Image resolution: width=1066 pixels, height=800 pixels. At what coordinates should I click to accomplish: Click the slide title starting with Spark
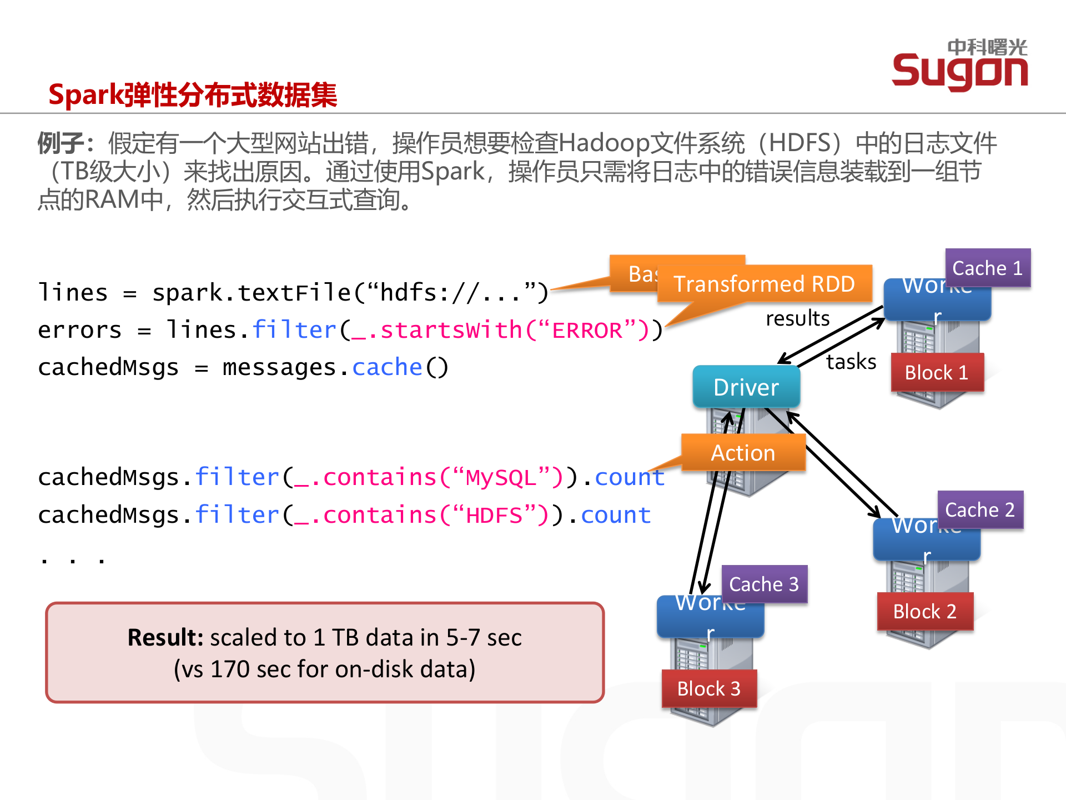coord(193,94)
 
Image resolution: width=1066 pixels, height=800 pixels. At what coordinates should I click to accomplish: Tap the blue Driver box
coord(746,387)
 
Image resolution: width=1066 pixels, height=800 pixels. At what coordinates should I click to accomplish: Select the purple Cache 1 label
coord(987,268)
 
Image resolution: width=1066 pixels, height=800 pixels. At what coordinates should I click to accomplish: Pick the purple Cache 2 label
coord(980,509)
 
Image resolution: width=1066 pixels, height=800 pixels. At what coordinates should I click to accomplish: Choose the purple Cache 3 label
coord(764,584)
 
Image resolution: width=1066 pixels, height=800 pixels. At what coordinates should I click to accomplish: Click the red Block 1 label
coord(937,372)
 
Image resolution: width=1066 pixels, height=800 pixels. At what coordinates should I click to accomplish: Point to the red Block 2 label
coord(925,611)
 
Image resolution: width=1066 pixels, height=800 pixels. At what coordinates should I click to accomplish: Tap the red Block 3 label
coord(709,688)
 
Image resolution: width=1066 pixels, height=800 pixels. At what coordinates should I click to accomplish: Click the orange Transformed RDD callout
coord(764,284)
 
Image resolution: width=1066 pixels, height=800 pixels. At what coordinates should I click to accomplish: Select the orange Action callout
coord(743,453)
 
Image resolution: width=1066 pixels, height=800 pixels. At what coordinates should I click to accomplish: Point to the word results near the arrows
coord(798,318)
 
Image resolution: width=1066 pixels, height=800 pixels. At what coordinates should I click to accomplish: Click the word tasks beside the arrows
coord(851,362)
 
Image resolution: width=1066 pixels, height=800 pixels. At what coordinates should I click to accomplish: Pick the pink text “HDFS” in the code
coord(494,516)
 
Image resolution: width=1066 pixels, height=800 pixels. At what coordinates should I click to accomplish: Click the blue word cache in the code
coord(387,368)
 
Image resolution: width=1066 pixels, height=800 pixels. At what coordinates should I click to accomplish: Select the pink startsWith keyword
coord(451,331)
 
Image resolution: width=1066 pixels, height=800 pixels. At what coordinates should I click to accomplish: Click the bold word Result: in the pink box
coord(166,637)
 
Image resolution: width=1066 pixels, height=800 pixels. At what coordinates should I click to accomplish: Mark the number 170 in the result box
coord(230,669)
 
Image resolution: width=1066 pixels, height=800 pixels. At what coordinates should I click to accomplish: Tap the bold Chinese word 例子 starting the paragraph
coord(61,143)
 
